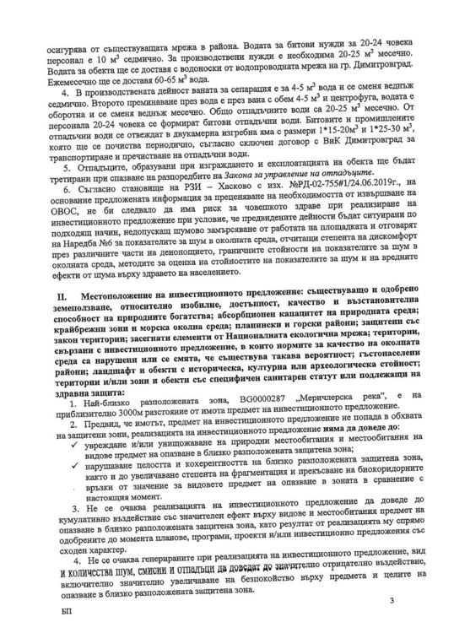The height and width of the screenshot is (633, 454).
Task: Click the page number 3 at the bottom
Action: [392, 600]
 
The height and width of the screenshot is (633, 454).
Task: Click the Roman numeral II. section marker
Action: [62, 299]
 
